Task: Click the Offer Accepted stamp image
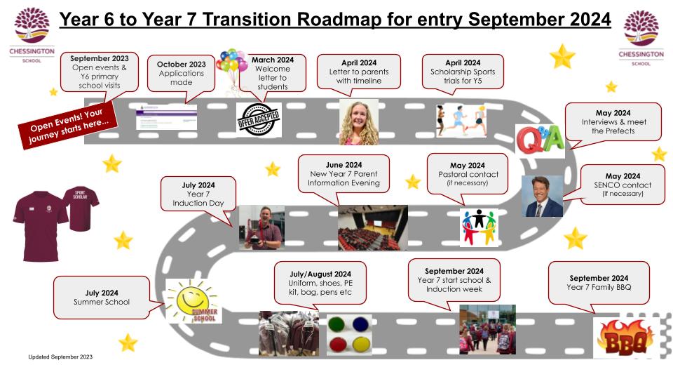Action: [259, 119]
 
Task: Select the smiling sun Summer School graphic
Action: [193, 301]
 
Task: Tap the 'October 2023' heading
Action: [181, 64]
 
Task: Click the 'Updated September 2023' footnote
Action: [60, 357]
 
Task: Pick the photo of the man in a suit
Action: [542, 196]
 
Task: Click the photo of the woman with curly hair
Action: [359, 122]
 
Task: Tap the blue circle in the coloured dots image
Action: [360, 324]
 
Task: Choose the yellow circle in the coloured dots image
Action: [360, 344]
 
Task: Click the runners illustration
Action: [461, 120]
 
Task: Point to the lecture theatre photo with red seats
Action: [372, 227]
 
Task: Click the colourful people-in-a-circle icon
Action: [479, 227]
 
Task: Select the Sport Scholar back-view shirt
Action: [81, 208]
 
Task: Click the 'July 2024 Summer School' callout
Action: [102, 298]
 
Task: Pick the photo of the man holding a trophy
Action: [261, 227]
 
